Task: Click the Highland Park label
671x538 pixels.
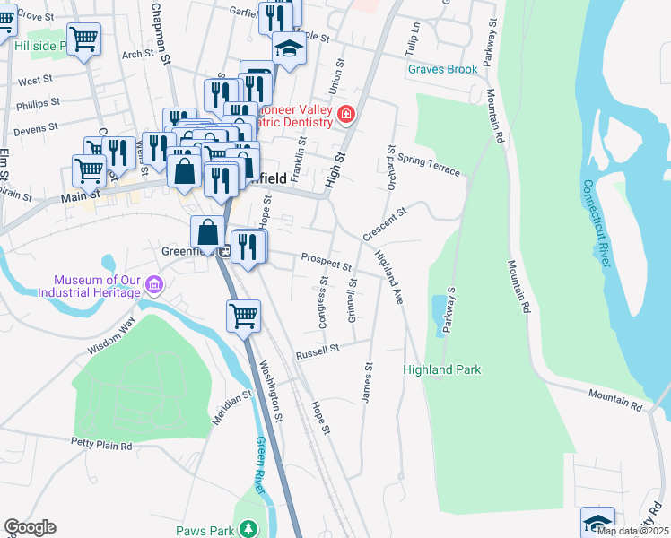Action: click(x=441, y=369)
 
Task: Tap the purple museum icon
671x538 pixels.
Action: click(x=153, y=286)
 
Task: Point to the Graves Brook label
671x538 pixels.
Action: click(x=442, y=69)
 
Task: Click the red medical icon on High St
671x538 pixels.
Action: click(x=345, y=114)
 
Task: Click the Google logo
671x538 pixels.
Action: click(x=30, y=527)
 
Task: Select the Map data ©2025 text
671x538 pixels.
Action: click(x=632, y=531)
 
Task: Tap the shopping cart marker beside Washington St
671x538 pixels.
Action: click(x=243, y=316)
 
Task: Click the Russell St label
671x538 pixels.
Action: click(x=318, y=349)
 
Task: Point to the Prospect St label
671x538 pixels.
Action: click(x=326, y=261)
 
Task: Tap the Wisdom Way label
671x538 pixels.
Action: click(x=112, y=336)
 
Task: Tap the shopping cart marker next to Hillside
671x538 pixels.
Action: click(x=83, y=39)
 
